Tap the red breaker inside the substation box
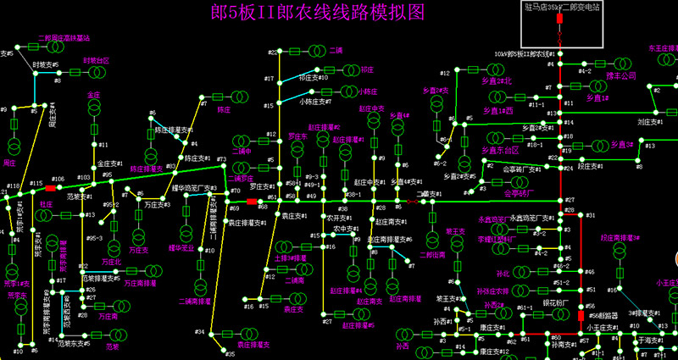click(x=560, y=38)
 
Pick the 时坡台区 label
click(x=96, y=61)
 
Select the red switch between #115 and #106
click(x=50, y=188)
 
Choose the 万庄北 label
click(x=112, y=263)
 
